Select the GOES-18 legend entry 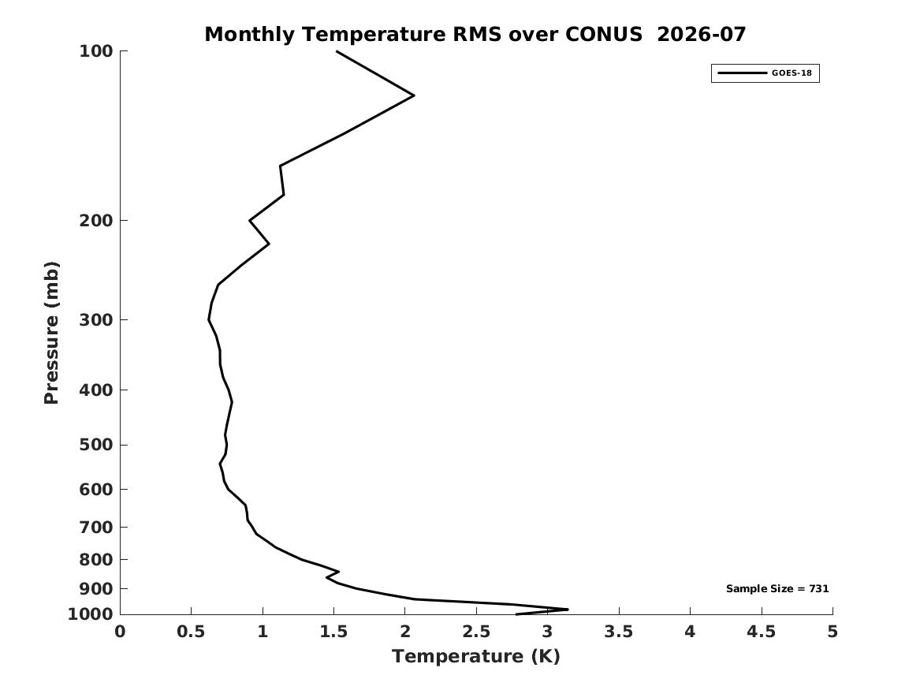click(x=765, y=73)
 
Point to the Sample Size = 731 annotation click(x=777, y=588)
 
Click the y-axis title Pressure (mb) click(x=51, y=333)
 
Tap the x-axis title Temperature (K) click(x=476, y=656)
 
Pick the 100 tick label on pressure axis click(x=95, y=51)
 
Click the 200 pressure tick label click(x=95, y=221)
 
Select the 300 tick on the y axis click(x=95, y=320)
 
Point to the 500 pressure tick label click(x=95, y=445)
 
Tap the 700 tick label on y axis click(x=95, y=527)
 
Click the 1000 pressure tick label click(x=91, y=614)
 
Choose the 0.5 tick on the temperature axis click(x=192, y=632)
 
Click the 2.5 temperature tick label click(x=476, y=632)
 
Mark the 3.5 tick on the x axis click(x=619, y=632)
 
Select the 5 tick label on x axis click(x=832, y=632)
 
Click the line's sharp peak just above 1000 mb click(x=568, y=609)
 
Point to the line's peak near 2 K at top click(x=414, y=95)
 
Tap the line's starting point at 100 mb click(x=337, y=51)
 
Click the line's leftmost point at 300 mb click(x=209, y=320)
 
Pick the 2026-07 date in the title click(x=701, y=35)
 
